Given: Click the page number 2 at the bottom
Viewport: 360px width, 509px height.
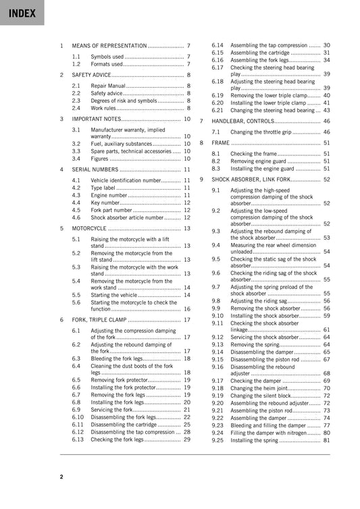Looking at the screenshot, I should [61, 477].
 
